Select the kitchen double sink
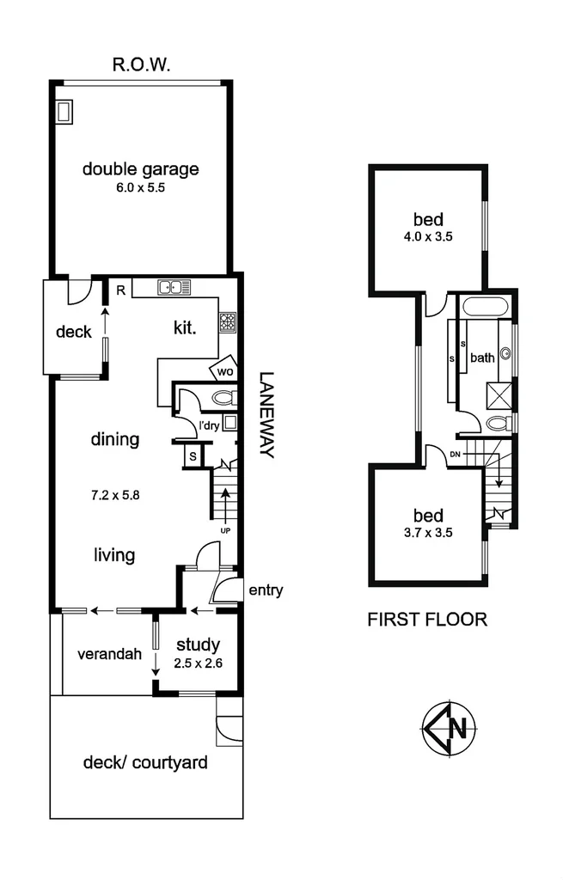tap(174, 288)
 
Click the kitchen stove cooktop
tap(228, 322)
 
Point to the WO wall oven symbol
tap(224, 370)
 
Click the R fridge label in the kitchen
tap(121, 290)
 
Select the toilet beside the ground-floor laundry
tap(223, 398)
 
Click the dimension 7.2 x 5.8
tap(115, 495)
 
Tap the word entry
tap(266, 590)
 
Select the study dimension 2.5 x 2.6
tap(198, 663)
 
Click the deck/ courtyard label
tap(145, 762)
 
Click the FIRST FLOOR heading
tap(427, 619)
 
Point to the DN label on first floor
tap(456, 453)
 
